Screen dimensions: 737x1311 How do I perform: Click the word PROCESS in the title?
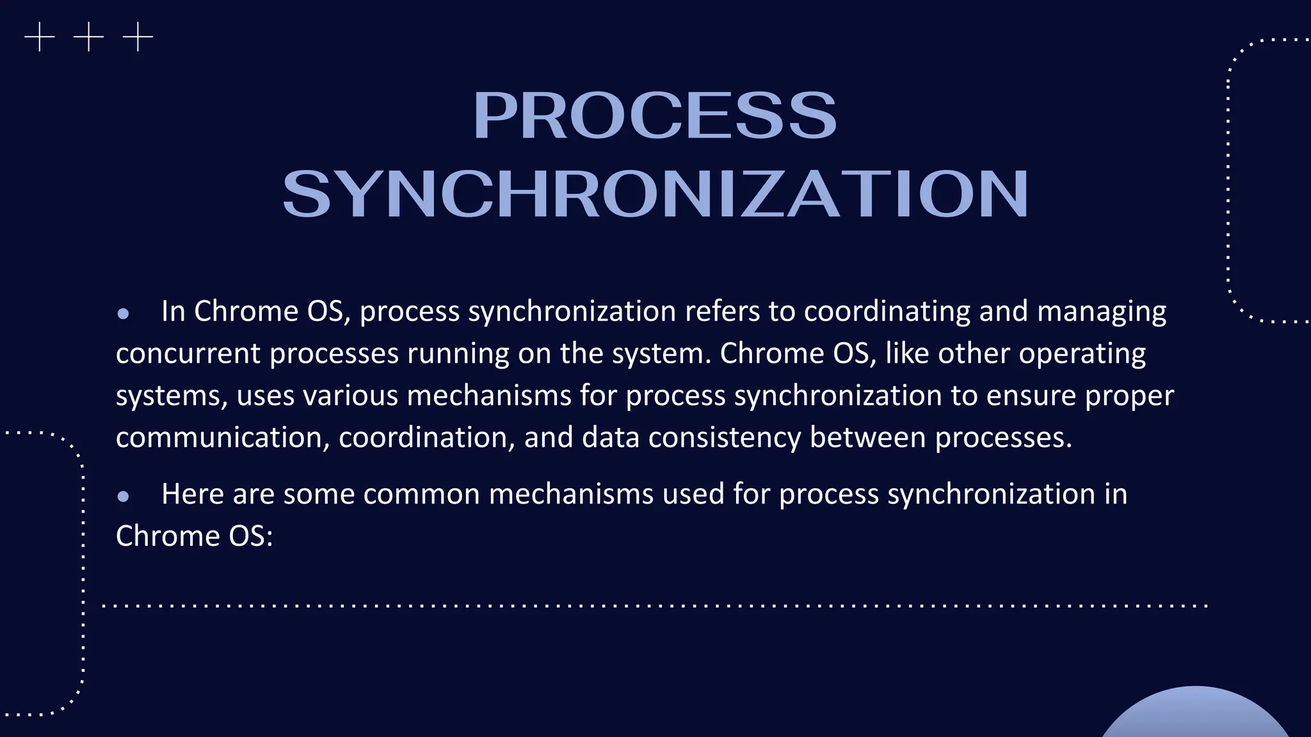654,115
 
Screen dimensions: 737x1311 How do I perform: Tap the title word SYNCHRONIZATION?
655,194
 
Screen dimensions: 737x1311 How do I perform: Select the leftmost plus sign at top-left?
40,37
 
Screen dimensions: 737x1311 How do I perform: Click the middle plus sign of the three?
88,37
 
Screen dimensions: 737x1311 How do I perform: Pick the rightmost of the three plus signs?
138,37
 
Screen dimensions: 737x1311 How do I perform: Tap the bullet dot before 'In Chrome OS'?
124,313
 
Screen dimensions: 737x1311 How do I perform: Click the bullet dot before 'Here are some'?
124,496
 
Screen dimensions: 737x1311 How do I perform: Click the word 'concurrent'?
188,354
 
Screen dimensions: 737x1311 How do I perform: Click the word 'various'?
351,395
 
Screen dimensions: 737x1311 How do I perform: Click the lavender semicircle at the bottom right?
1194,715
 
